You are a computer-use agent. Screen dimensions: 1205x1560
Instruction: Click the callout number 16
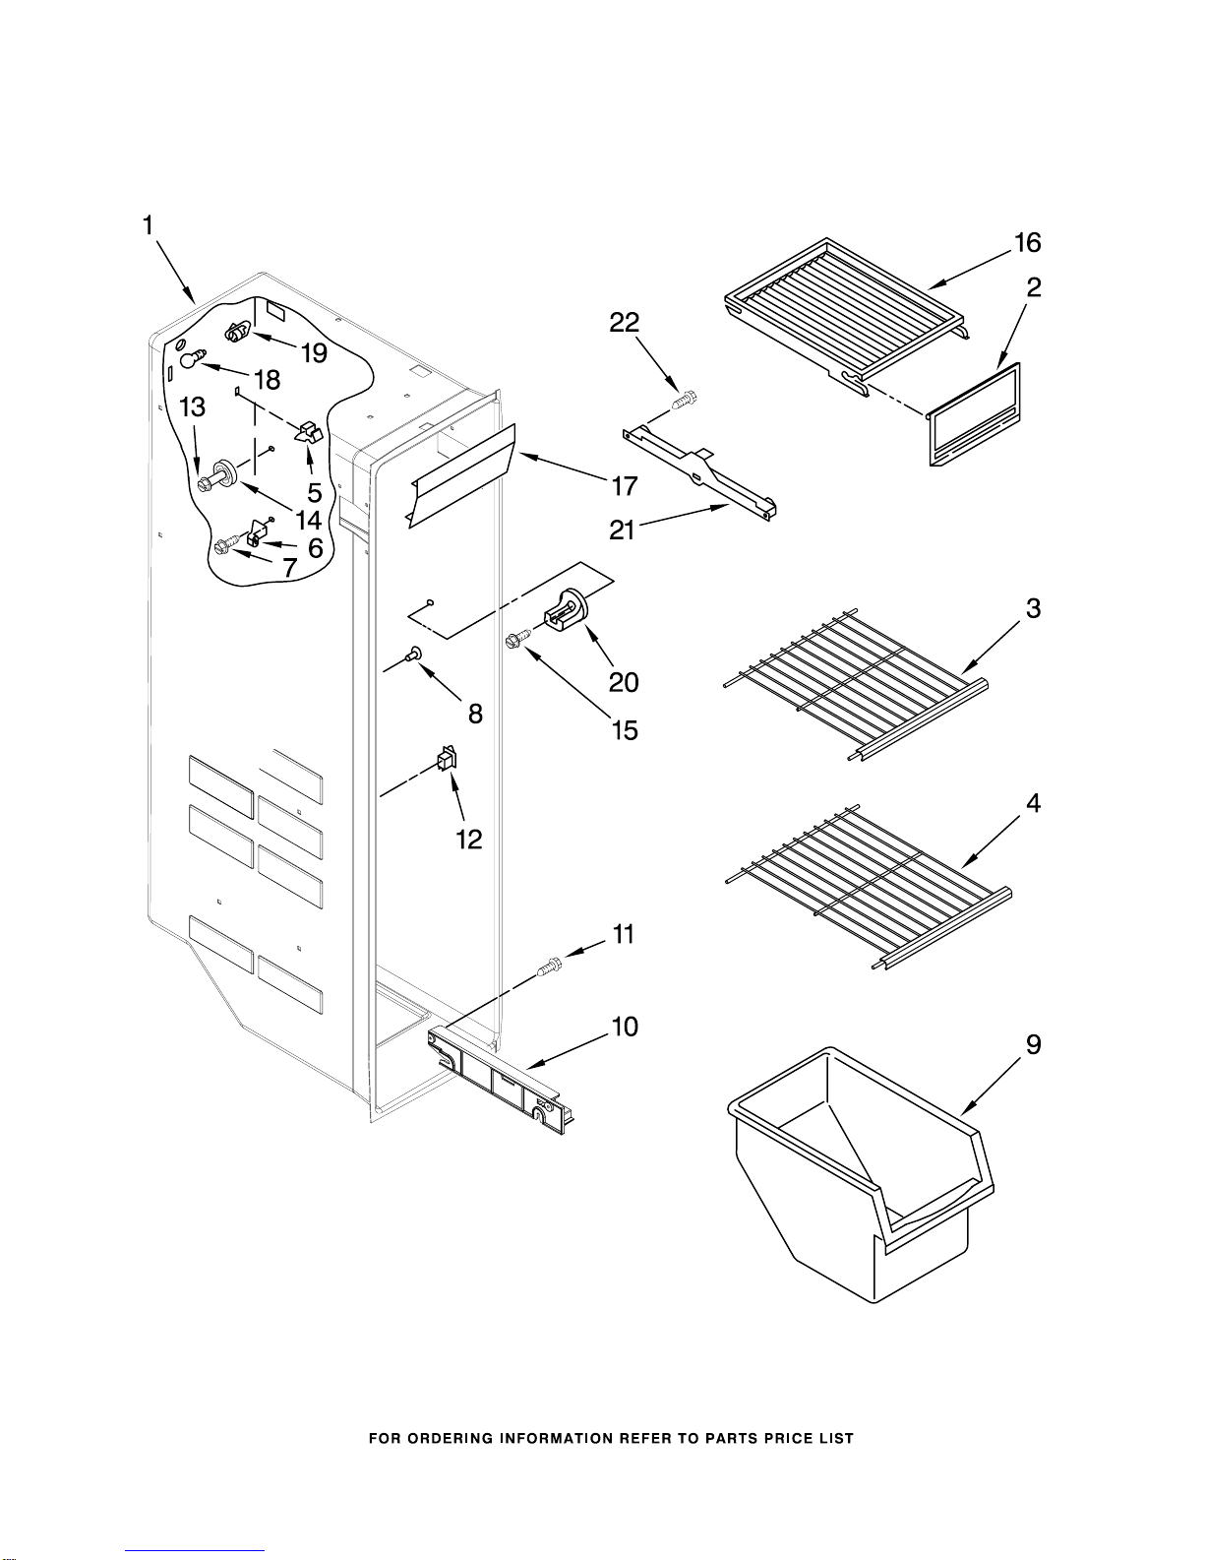[1027, 243]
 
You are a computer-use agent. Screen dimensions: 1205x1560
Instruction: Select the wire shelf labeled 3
[856, 684]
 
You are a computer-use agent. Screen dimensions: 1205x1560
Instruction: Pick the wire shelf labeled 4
[868, 888]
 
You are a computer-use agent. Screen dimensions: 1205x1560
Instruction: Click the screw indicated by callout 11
[550, 966]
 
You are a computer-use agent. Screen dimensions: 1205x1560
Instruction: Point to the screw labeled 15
[518, 638]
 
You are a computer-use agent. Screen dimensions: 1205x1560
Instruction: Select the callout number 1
[148, 225]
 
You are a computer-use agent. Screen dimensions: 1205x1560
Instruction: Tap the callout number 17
[624, 486]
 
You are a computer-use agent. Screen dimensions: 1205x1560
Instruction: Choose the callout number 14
[308, 519]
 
